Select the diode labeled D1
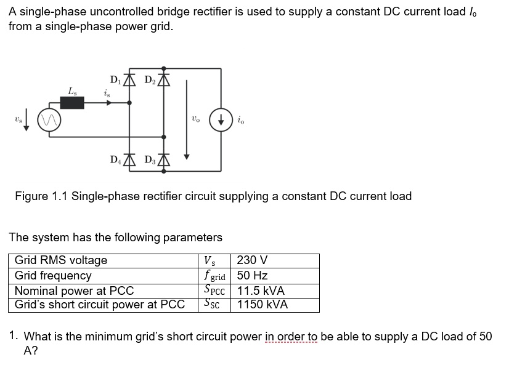tap(129, 79)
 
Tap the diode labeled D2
tap(163, 79)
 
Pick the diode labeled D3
tap(163, 161)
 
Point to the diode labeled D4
tap(129, 161)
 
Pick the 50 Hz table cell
tap(252, 275)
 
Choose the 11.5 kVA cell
tap(261, 290)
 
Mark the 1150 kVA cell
tap(262, 304)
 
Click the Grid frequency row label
tap(53, 275)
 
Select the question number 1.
tap(13, 336)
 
